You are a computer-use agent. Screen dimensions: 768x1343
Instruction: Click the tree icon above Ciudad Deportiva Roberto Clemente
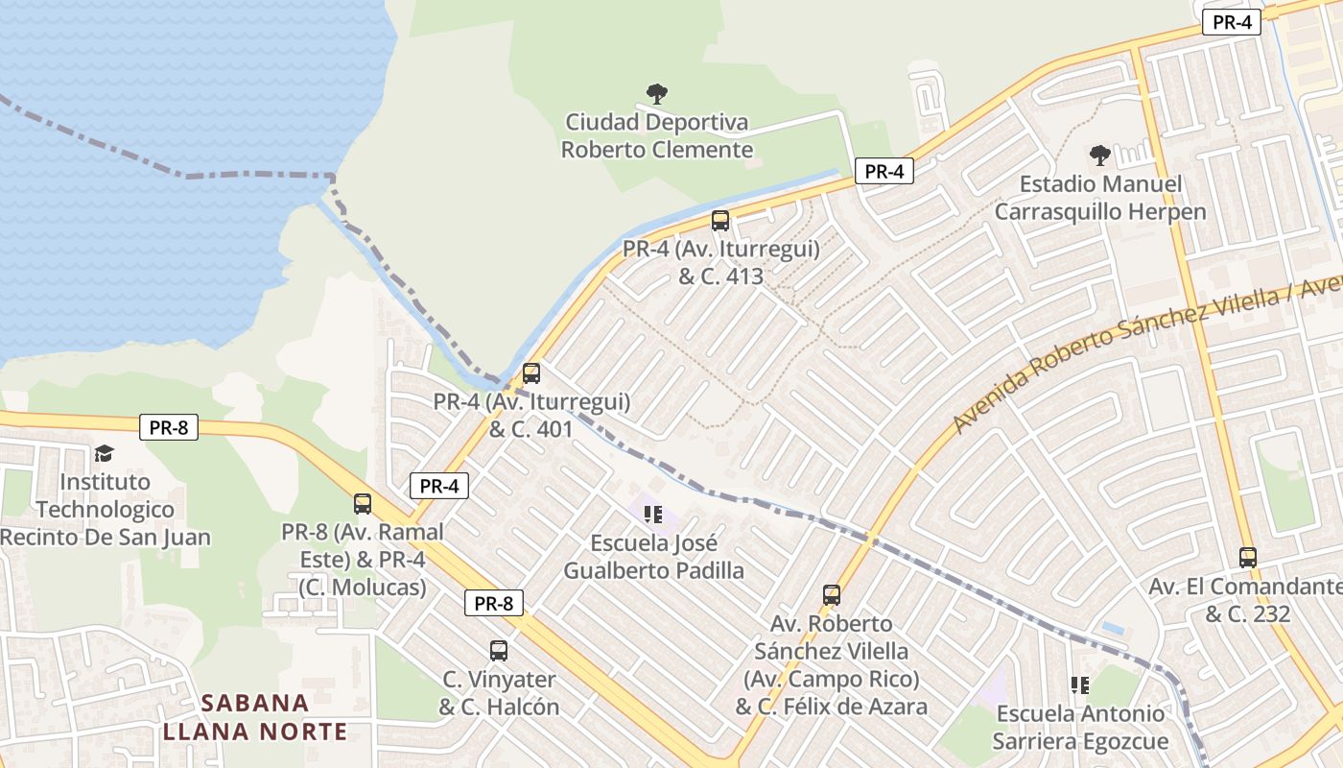click(x=657, y=94)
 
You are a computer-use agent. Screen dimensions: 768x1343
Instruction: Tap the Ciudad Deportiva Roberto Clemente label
click(x=657, y=136)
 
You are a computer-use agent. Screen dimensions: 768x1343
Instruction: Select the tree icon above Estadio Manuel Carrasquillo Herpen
click(x=1100, y=155)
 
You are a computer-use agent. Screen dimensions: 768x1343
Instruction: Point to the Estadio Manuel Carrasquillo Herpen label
click(x=1100, y=198)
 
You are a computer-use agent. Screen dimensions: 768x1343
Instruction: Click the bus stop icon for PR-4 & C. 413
click(x=720, y=221)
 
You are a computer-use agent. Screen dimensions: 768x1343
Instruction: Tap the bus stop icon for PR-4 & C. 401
click(x=531, y=373)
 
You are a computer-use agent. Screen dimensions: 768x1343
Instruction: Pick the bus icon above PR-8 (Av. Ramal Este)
click(x=363, y=503)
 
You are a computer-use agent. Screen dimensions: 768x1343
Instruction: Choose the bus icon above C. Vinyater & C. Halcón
click(x=499, y=650)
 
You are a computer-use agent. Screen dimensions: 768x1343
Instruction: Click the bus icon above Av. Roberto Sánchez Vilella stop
click(x=832, y=595)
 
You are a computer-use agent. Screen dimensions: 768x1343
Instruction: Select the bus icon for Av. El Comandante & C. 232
click(x=1248, y=557)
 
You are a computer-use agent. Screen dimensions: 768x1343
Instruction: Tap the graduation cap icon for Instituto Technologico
click(x=104, y=453)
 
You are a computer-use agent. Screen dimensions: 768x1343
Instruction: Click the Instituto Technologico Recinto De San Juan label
click(x=106, y=509)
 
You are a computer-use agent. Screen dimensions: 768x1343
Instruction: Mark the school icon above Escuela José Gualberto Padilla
click(x=654, y=515)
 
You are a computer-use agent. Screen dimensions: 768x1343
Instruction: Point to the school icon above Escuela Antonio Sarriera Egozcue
click(x=1080, y=684)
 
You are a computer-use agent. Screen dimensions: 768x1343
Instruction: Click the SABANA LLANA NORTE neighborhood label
click(x=255, y=717)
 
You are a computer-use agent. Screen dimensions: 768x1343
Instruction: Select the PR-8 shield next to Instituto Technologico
click(x=169, y=427)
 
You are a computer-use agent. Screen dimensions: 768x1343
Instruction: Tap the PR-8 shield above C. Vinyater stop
click(x=494, y=603)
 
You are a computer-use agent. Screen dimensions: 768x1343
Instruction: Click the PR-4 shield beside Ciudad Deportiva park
click(x=884, y=172)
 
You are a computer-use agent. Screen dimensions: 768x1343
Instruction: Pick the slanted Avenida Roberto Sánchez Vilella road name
click(x=1142, y=355)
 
